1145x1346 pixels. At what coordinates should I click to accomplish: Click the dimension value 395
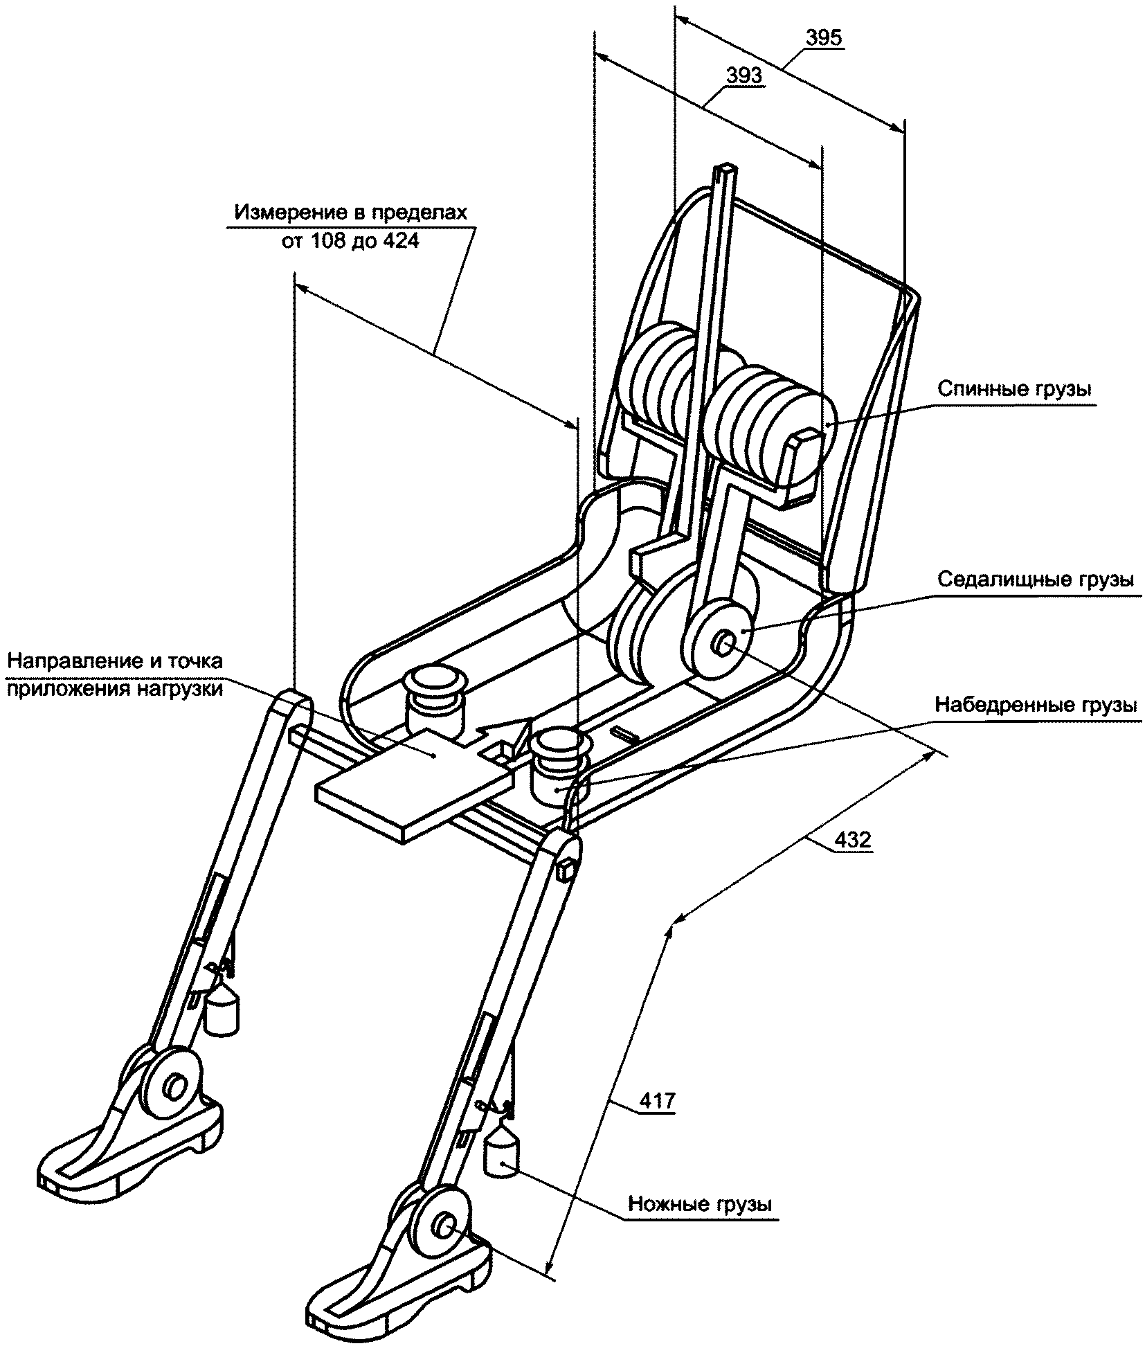point(824,37)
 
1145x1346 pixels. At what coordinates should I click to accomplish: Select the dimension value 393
point(744,75)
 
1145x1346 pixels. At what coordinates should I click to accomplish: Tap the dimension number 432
point(853,839)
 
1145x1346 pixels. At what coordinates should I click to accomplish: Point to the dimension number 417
point(657,1120)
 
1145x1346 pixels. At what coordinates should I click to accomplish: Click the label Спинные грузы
point(1015,389)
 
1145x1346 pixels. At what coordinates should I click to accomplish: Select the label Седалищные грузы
point(1036,579)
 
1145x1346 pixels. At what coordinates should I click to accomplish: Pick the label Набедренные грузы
point(1036,705)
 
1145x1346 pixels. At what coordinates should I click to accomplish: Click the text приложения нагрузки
point(115,690)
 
